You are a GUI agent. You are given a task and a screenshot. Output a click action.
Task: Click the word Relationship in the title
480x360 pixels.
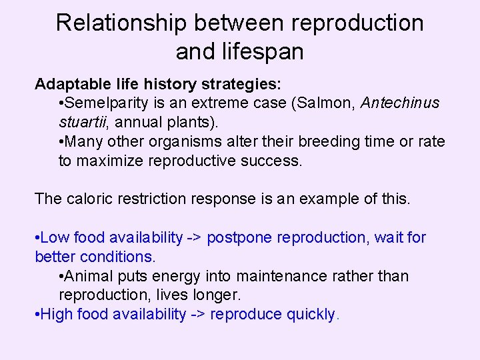pos(124,23)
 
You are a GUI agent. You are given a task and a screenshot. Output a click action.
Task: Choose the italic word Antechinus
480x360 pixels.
pos(400,103)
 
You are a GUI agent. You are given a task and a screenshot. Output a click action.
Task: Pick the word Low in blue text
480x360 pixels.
pos(55,237)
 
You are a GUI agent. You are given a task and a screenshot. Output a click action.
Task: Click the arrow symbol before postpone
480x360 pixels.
pos(195,237)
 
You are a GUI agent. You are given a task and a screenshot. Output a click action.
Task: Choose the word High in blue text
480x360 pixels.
pos(57,315)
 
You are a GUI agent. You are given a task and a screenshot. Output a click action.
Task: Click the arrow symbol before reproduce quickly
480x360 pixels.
pos(198,315)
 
